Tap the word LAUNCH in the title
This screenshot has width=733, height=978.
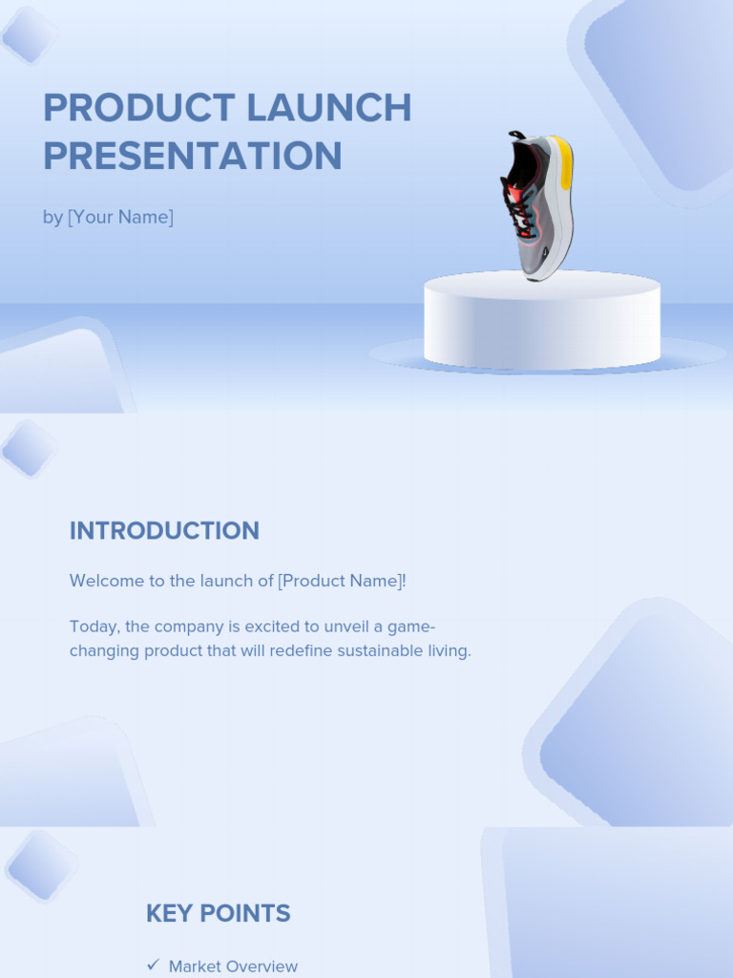tap(328, 108)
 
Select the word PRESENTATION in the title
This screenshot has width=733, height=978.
tap(192, 157)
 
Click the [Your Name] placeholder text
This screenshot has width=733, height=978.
tap(120, 218)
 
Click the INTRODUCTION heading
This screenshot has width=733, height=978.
tap(164, 531)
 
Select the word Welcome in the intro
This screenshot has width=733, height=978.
tap(105, 581)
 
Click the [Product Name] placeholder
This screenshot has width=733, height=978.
tap(340, 581)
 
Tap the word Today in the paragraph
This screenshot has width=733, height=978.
tap(93, 627)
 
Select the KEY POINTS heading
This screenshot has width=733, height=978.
tap(218, 913)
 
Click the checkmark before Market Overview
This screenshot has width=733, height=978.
tap(153, 966)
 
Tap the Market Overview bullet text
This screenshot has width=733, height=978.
tap(233, 967)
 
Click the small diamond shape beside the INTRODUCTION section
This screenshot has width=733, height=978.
tap(29, 448)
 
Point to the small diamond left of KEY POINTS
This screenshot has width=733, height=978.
tap(39, 866)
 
